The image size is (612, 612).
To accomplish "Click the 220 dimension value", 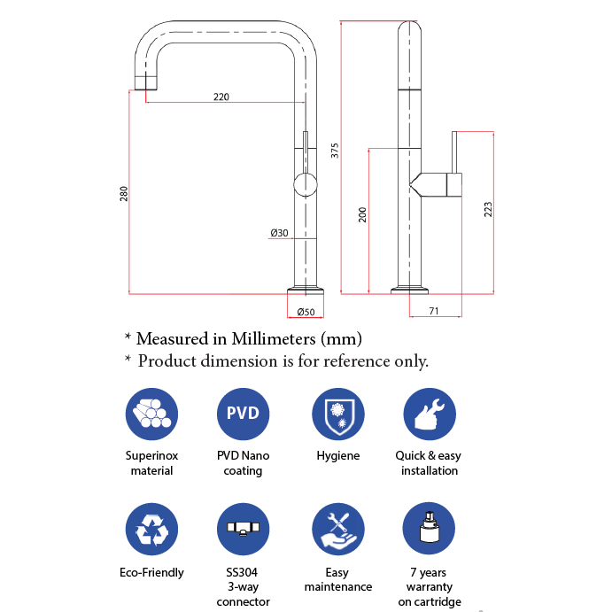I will click(x=221, y=97).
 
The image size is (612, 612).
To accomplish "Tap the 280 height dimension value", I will click(x=124, y=193).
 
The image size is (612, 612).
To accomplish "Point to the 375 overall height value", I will click(x=335, y=151).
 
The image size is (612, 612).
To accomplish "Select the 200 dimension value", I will click(x=362, y=214).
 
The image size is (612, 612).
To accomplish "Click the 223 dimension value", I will click(x=488, y=209).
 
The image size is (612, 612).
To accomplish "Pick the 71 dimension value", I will click(x=434, y=311).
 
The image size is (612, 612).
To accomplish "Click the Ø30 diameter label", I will click(x=280, y=233).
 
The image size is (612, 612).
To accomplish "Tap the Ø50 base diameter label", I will click(x=306, y=312).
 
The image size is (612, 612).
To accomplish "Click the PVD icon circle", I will click(x=243, y=414).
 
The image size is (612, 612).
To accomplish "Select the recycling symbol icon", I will click(x=151, y=530).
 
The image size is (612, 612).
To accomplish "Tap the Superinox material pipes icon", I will click(x=151, y=414).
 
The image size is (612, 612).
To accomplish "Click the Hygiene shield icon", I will click(x=338, y=414).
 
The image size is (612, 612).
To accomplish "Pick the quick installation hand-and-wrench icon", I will click(x=430, y=414).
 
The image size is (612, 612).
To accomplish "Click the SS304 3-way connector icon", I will click(x=243, y=530).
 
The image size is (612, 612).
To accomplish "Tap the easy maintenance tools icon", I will click(x=338, y=530).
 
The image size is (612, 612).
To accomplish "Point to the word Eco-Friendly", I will click(x=151, y=572).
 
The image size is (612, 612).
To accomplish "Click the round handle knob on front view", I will click(x=305, y=186).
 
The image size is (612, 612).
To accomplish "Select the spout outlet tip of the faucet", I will click(x=145, y=82).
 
